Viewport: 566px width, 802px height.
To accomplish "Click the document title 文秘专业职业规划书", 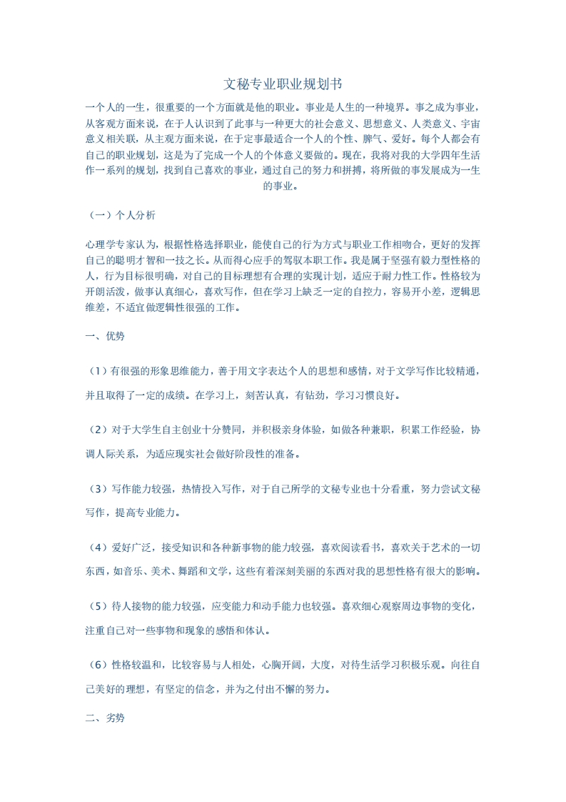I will [x=283, y=84].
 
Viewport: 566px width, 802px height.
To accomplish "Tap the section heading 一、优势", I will [x=104, y=335].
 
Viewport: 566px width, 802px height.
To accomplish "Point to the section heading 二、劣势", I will [x=104, y=718].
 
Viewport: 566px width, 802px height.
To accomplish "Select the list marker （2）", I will [x=96, y=430].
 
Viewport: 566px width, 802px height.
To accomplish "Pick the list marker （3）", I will [x=96, y=489].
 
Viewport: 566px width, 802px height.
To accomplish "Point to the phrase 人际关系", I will [x=115, y=453].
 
